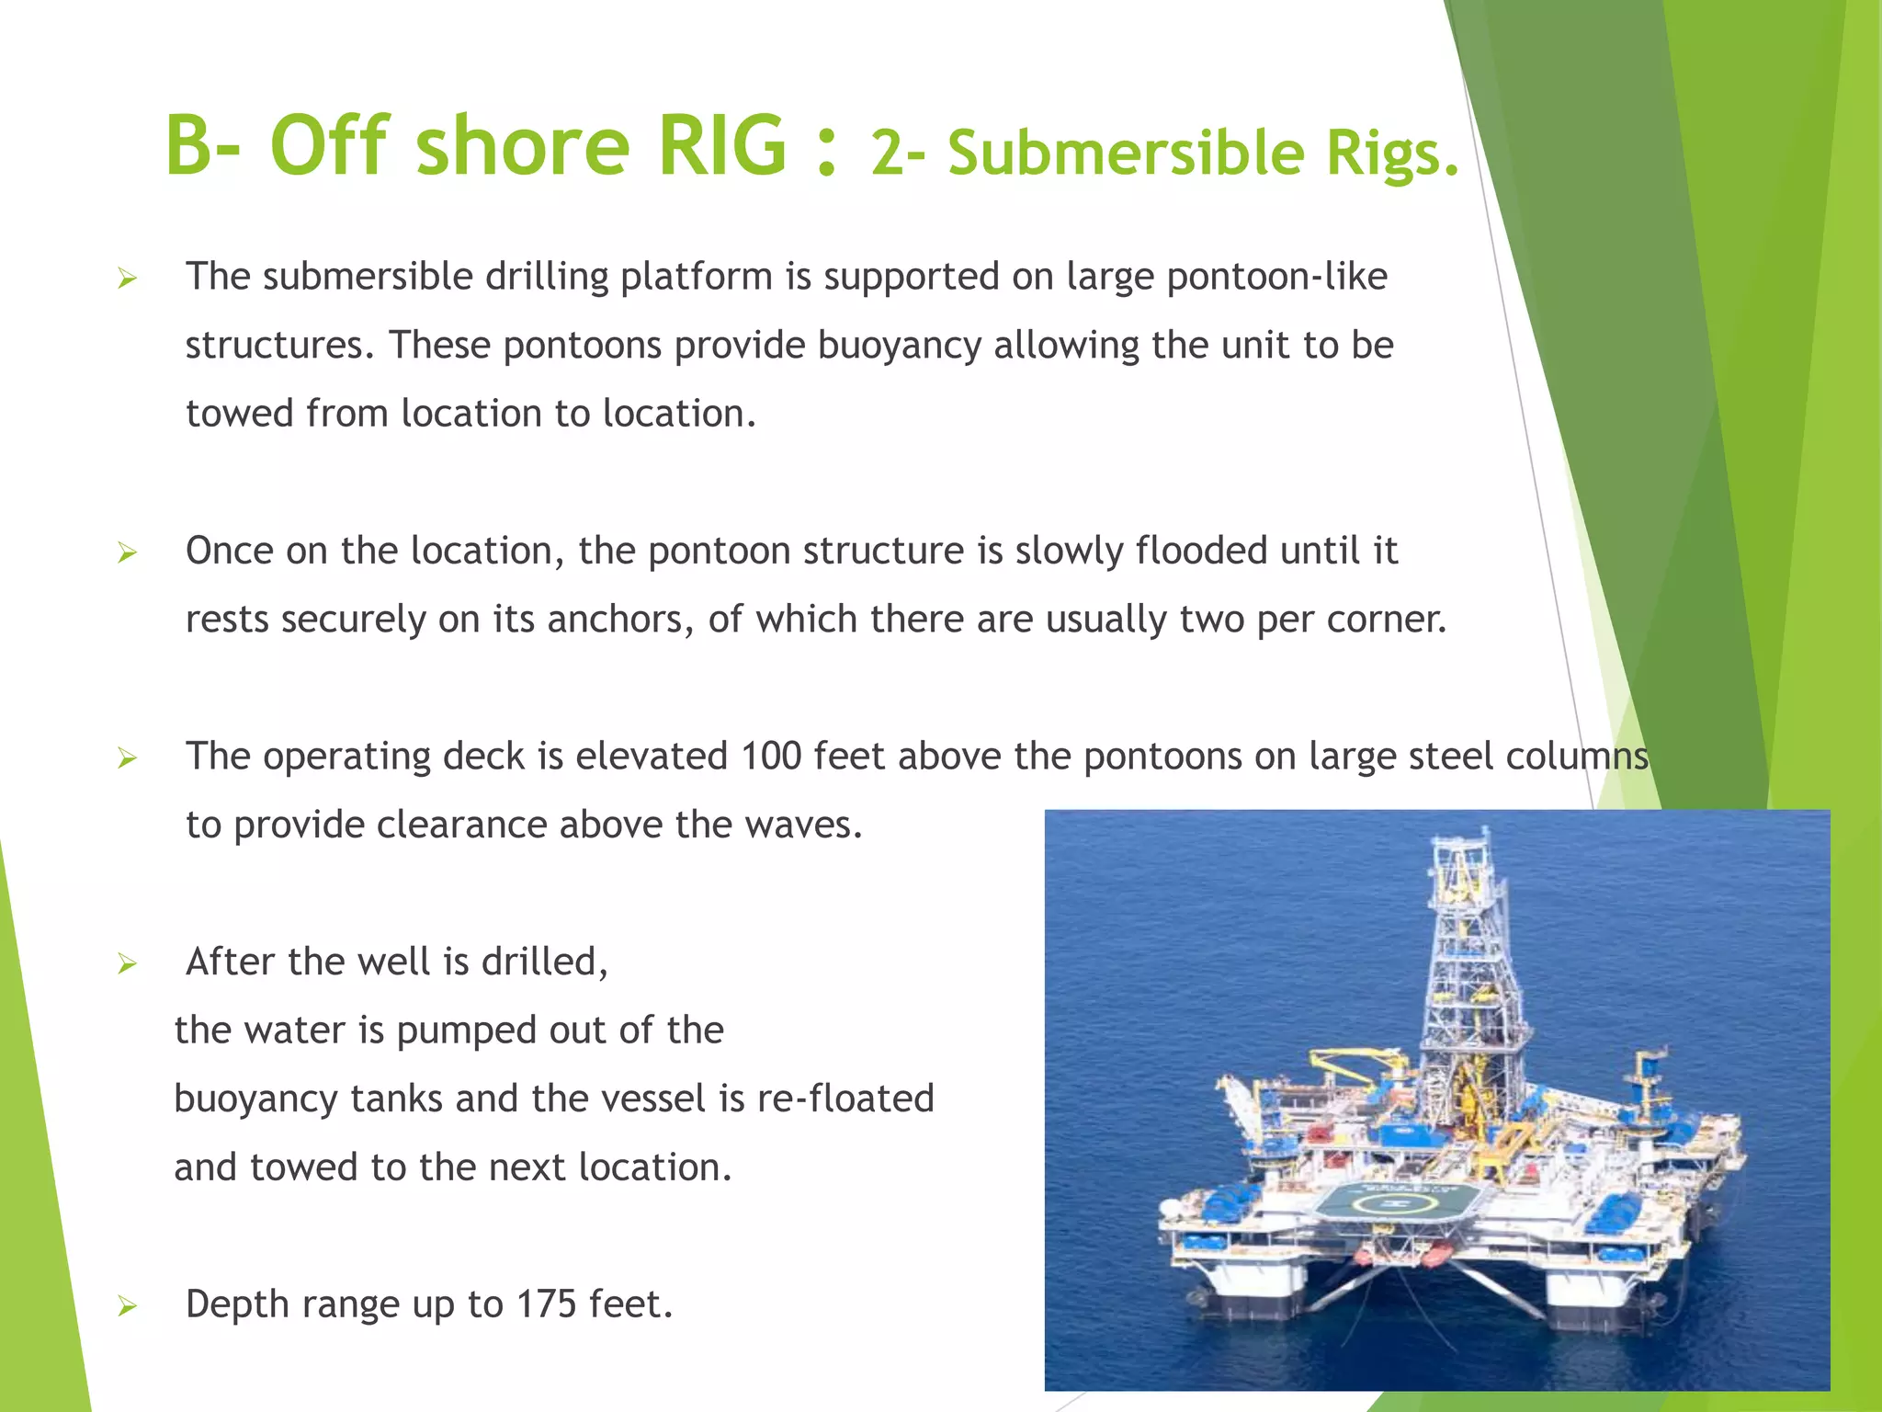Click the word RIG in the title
coord(722,145)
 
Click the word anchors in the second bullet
coord(619,620)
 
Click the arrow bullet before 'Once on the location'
coord(127,552)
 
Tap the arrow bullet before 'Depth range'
coord(127,1306)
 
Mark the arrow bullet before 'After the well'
coord(127,963)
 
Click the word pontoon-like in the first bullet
coord(1276,278)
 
